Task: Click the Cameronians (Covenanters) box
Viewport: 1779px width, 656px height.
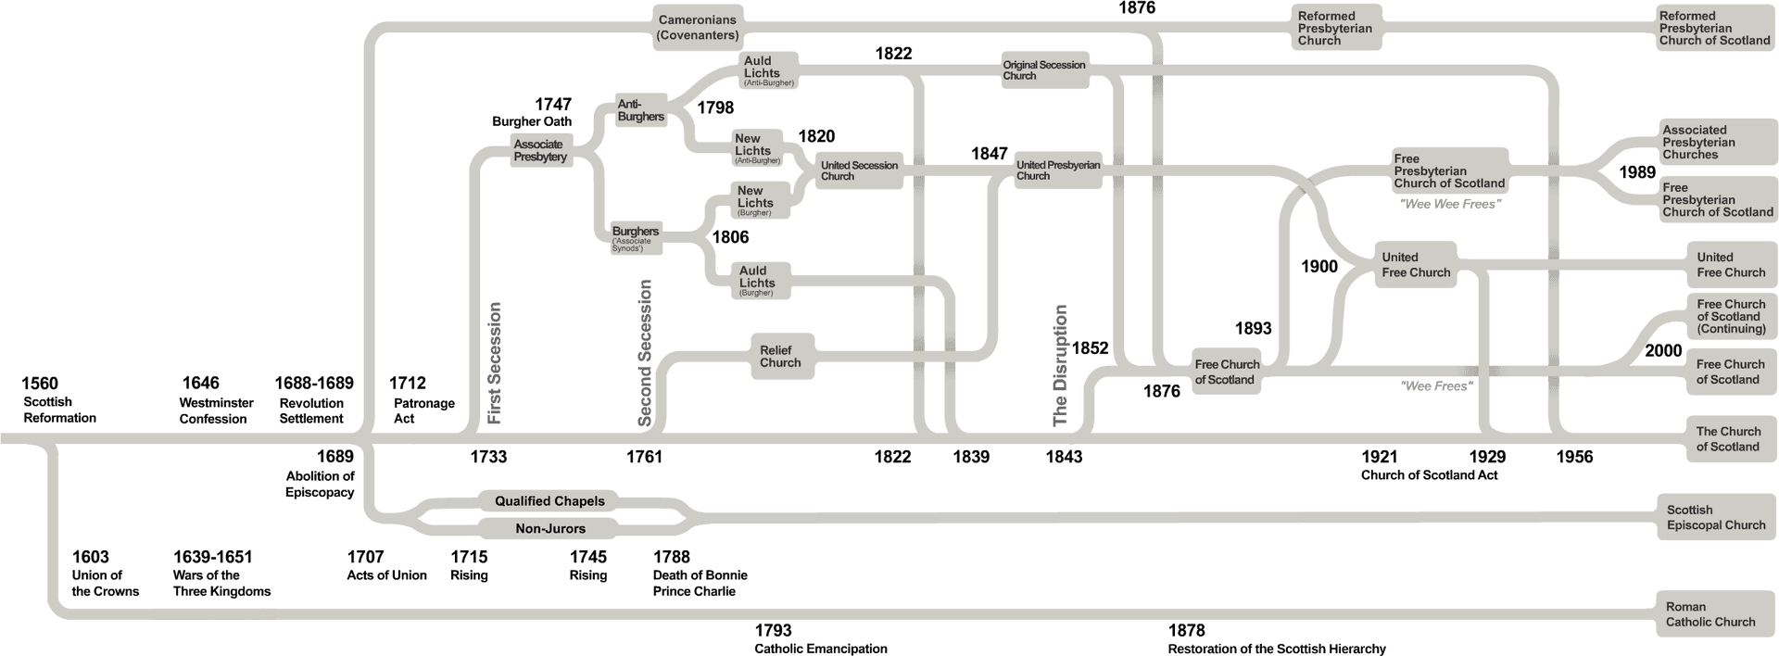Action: [x=698, y=27]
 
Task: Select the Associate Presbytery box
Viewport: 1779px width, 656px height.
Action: [x=540, y=150]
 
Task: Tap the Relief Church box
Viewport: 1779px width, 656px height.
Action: [x=780, y=356]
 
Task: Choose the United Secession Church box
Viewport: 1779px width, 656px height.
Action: [x=859, y=170]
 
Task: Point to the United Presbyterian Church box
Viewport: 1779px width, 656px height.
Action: [x=1058, y=170]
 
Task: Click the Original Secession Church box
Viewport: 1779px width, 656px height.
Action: [x=1043, y=70]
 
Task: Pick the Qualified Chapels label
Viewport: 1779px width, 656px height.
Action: [x=549, y=501]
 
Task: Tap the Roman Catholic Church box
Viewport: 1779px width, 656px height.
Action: [x=1710, y=614]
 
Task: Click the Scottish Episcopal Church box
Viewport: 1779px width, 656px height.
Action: [x=1716, y=517]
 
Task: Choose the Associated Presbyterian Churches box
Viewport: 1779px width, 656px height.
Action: [x=1698, y=143]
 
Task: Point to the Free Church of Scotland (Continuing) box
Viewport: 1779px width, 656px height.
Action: [x=1731, y=316]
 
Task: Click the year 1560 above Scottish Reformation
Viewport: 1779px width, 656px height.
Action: [x=40, y=384]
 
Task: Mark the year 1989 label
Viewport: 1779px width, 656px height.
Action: [x=1636, y=172]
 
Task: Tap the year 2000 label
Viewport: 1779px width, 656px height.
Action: [x=1663, y=351]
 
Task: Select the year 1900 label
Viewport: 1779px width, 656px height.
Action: [x=1319, y=267]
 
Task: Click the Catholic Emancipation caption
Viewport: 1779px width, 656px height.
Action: [x=821, y=649]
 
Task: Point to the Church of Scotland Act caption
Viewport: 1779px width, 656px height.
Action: [x=1429, y=475]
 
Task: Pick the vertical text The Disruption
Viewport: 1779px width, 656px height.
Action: [x=1061, y=365]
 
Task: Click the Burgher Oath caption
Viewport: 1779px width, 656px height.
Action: [x=532, y=121]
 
